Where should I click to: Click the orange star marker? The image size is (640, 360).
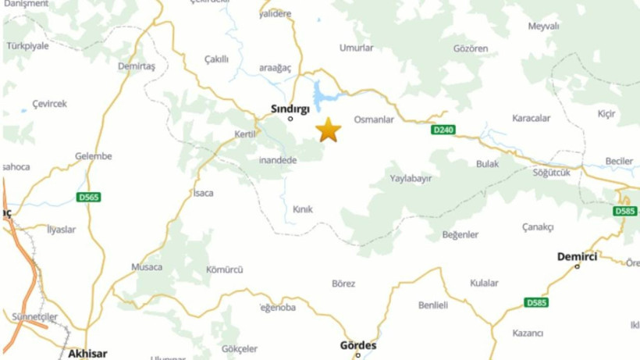[x=329, y=130]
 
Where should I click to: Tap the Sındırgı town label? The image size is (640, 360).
[x=290, y=109]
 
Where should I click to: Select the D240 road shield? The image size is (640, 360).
[x=443, y=130]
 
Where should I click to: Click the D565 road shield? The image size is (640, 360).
[x=89, y=198]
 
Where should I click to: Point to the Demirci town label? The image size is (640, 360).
[x=577, y=256]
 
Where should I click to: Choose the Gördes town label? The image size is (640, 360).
[x=358, y=345]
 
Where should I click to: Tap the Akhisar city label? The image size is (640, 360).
[x=87, y=354]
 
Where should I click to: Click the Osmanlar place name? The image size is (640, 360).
[x=374, y=119]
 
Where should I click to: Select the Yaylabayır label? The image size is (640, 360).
[x=411, y=179]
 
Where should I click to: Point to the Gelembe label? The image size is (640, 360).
[x=94, y=156]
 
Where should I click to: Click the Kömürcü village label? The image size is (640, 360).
[x=224, y=270]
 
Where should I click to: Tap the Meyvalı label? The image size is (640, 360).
[x=543, y=27]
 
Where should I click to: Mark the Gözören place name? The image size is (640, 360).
[x=471, y=48]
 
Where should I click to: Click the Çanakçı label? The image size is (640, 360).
[x=538, y=227]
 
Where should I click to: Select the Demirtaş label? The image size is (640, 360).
[x=137, y=66]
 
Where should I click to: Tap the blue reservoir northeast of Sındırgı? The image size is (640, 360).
[x=326, y=94]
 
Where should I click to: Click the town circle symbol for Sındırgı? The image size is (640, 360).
[x=290, y=119]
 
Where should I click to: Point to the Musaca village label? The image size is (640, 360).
[x=147, y=267]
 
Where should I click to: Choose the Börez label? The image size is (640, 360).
[x=343, y=284]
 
